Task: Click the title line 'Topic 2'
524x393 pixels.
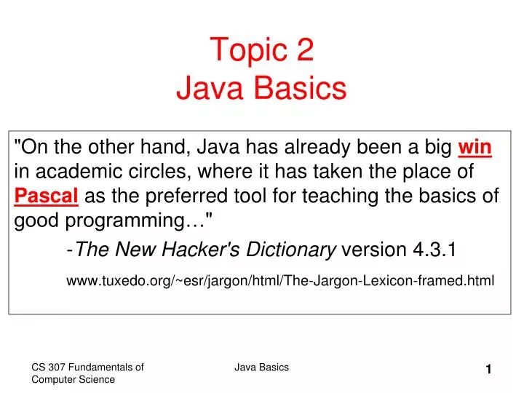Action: [x=262, y=52]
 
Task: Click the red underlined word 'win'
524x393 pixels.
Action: [x=475, y=148]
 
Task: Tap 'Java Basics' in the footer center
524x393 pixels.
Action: [x=261, y=368]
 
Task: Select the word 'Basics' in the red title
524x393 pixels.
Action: [x=304, y=89]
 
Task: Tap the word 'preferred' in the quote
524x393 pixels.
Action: [x=193, y=197]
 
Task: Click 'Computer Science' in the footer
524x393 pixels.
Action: [x=73, y=380]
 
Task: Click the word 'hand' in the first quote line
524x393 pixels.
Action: [x=164, y=148]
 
